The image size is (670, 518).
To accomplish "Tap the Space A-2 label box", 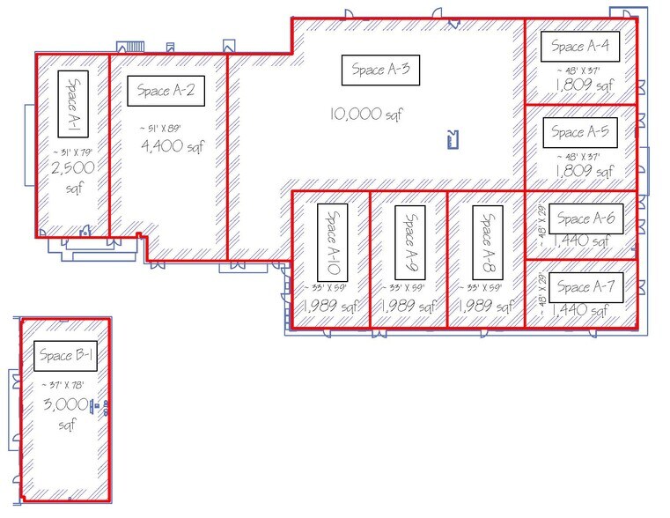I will tap(166, 92).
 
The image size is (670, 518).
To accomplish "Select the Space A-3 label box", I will tap(380, 70).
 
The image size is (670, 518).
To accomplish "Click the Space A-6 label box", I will tap(585, 219).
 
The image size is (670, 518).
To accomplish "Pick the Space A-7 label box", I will tap(585, 286).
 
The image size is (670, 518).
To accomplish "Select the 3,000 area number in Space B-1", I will tap(64, 404).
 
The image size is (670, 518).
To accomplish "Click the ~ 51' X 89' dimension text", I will tap(165, 129).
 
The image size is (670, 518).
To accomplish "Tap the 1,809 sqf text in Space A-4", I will tap(583, 85).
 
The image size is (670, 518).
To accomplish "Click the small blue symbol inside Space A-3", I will tap(453, 138).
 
